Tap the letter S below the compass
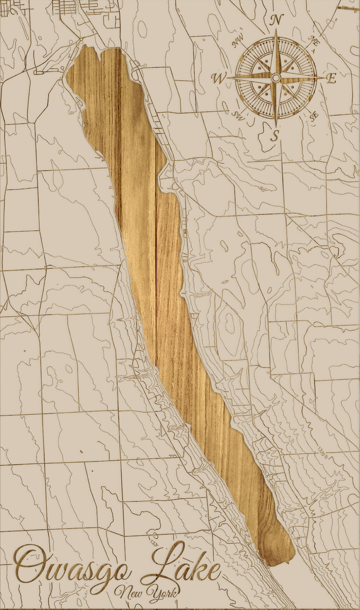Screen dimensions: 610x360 tap(275, 136)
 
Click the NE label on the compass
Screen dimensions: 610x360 tap(313, 40)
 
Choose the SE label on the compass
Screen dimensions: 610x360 tap(314, 116)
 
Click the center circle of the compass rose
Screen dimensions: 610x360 tap(276, 78)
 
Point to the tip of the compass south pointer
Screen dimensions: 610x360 tap(276, 126)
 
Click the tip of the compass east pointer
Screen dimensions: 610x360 tap(325, 78)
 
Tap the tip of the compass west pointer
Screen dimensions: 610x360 tap(227, 78)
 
